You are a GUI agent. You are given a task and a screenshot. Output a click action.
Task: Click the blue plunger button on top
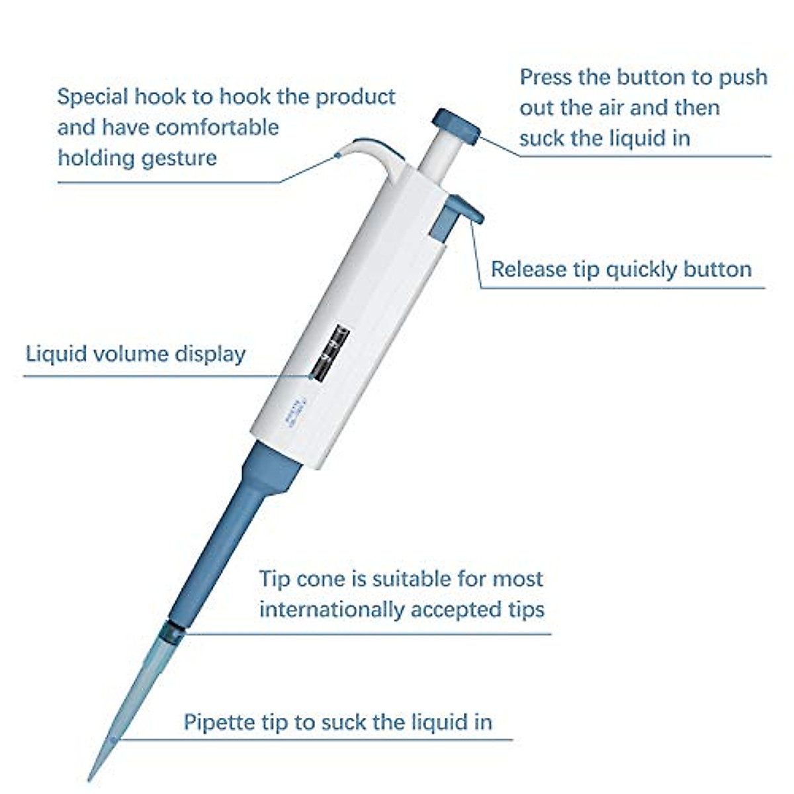coord(456,126)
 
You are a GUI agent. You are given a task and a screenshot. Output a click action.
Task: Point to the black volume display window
coord(329,353)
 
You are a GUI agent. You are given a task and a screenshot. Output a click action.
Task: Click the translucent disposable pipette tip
coord(136,701)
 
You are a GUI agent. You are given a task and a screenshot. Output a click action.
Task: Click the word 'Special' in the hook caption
coord(93,97)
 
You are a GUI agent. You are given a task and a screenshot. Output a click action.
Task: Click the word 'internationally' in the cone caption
coord(332,609)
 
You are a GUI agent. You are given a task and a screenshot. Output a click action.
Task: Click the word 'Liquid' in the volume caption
coord(56,353)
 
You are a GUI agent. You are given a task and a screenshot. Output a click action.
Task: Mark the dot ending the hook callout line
coord(337,155)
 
